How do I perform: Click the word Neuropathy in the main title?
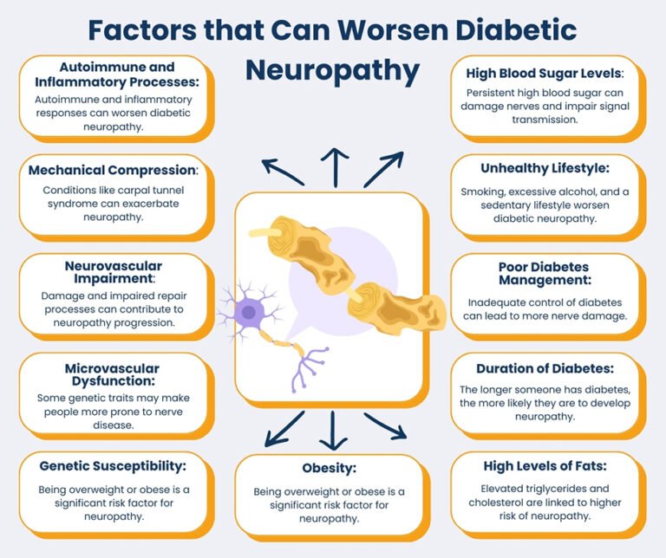pyautogui.click(x=332, y=70)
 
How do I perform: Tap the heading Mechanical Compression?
pyautogui.click(x=113, y=169)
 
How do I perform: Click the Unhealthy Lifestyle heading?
pyautogui.click(x=545, y=168)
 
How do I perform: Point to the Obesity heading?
pyautogui.click(x=330, y=468)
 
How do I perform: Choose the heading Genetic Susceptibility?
pyautogui.click(x=113, y=465)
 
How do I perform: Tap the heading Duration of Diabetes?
pyautogui.click(x=545, y=368)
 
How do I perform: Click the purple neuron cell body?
pyautogui.click(x=251, y=309)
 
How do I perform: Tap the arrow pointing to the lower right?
pyautogui.click(x=385, y=425)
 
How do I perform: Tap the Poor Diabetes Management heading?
pyautogui.click(x=545, y=274)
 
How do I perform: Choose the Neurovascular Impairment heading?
pyautogui.click(x=113, y=272)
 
